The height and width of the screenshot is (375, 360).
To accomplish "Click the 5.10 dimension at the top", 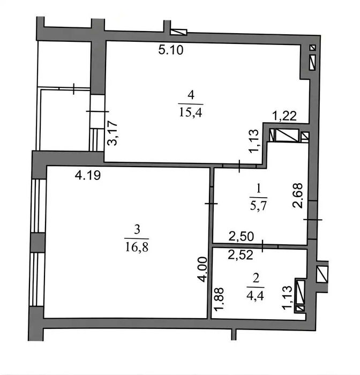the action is (x=171, y=50).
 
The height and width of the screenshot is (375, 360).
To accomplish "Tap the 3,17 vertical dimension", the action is (x=112, y=133).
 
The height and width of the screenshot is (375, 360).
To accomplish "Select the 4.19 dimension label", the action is (x=87, y=176).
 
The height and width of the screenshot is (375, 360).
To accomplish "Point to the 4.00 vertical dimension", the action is (x=202, y=269).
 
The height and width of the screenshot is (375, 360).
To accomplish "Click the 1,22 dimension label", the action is (x=285, y=116).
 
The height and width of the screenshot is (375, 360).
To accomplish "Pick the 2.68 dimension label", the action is (x=298, y=196).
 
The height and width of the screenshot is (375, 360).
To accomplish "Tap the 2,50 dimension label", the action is (x=241, y=237).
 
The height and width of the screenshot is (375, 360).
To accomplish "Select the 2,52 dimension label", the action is (x=241, y=255).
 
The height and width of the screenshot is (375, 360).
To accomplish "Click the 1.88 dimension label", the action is (x=219, y=299).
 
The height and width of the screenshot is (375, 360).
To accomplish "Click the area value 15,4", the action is (x=190, y=112).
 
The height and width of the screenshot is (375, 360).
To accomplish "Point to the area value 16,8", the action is (x=137, y=246).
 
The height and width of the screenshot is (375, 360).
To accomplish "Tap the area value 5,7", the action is (x=258, y=205).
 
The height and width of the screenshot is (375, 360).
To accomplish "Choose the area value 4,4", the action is (x=255, y=296).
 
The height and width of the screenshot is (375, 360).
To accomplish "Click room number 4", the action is (x=191, y=95).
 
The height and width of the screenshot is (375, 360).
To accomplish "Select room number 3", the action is (x=137, y=229).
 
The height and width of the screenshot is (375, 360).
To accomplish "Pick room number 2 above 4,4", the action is (x=256, y=279).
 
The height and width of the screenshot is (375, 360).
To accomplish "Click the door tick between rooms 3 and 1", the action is (x=211, y=204).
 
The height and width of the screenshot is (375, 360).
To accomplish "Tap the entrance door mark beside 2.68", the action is (x=313, y=219).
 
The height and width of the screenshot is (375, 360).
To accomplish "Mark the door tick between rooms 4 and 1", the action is (x=239, y=166).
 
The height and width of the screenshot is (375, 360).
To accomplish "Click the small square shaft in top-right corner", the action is (x=312, y=48).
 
